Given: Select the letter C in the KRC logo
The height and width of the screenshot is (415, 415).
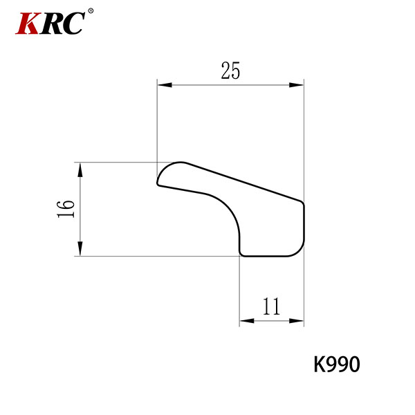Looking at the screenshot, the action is pos(73,24).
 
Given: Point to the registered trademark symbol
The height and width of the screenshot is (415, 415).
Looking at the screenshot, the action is pos(91,11).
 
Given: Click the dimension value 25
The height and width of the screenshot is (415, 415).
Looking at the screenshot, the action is pos(230,71).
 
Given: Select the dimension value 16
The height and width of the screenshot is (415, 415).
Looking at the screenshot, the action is pos(66,209).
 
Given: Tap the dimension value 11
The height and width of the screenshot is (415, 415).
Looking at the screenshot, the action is pos(272,306).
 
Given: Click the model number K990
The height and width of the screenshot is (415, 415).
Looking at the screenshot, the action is pos(337,365).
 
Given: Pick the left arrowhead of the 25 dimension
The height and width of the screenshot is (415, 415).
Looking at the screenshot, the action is pos(165,85).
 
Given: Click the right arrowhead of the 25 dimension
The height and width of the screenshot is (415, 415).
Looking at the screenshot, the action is pos(297,85).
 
